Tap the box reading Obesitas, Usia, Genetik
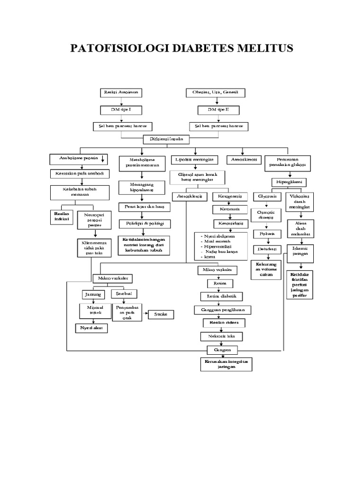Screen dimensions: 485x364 pyautogui.click(x=215, y=92)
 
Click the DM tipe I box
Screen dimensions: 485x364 pyautogui.click(x=121, y=109)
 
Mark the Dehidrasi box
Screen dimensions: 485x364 pyautogui.click(x=266, y=249)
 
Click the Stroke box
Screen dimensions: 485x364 pyautogui.click(x=162, y=314)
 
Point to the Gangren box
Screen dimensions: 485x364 pyautogui.click(x=225, y=350)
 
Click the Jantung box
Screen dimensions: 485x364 pyautogui.click(x=93, y=294)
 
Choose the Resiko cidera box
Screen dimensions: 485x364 pyautogui.click(x=225, y=323)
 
